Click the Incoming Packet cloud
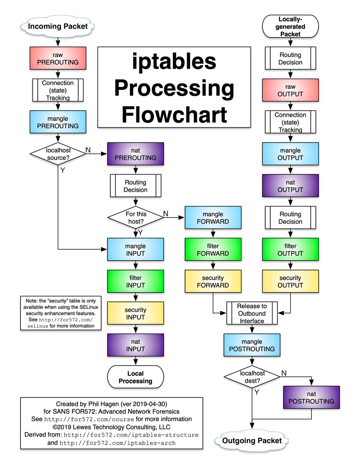[57, 26]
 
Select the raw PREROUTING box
[58, 58]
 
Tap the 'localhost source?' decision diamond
[58, 154]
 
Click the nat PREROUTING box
[135, 154]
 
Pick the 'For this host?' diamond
[136, 218]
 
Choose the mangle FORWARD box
[213, 218]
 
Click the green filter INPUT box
[135, 281]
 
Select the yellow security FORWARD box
[213, 281]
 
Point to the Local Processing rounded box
[135, 377]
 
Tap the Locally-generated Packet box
[291, 26]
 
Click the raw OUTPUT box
[291, 90]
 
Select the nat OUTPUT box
[291, 186]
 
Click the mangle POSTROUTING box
[252, 345]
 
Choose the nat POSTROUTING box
[311, 397]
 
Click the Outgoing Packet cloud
[252, 440]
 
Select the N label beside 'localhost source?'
[88, 150]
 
